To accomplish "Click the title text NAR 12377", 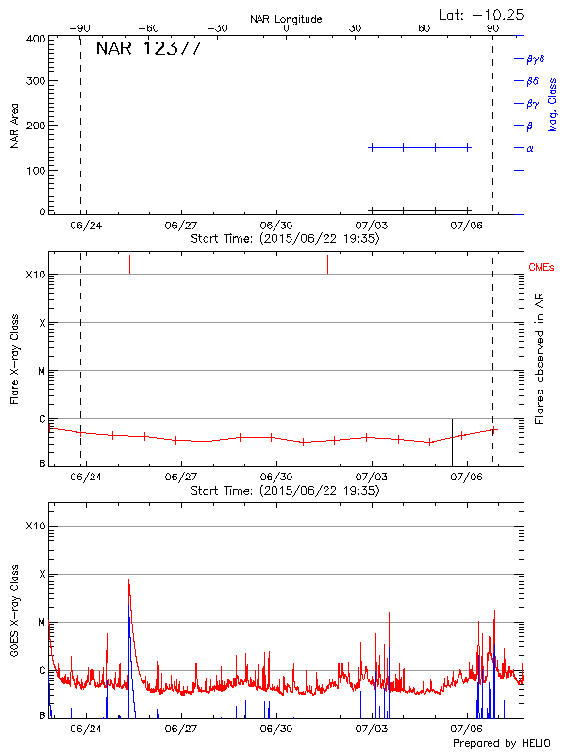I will (x=148, y=49).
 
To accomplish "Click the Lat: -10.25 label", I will (x=482, y=14).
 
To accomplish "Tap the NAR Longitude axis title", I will (x=286, y=19).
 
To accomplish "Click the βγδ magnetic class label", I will (x=535, y=59).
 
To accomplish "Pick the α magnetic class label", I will (x=530, y=148).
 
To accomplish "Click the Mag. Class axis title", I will (x=552, y=104).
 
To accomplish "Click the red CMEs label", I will (x=541, y=268).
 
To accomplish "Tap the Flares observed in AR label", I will (x=540, y=359).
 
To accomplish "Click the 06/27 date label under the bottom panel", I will (x=181, y=729).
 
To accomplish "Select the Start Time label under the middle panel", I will (x=285, y=491).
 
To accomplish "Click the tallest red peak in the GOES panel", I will (x=128, y=579).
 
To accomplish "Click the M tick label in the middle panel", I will (x=42, y=371).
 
